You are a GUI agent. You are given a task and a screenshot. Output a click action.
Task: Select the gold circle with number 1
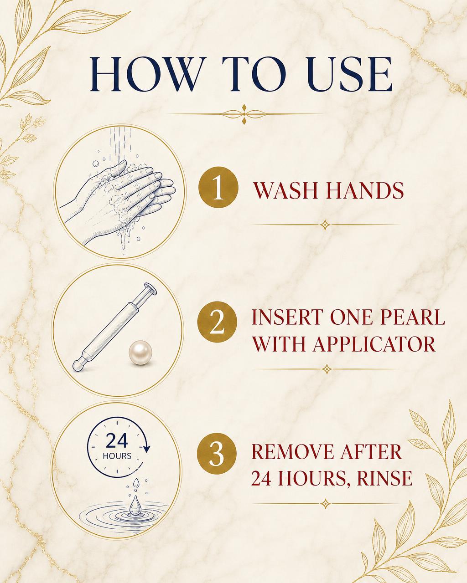click(218, 187)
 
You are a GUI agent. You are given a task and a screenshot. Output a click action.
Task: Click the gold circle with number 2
click(217, 322)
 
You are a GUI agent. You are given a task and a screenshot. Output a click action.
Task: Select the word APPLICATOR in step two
click(374, 343)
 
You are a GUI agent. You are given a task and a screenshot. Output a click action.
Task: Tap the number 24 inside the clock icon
click(117, 441)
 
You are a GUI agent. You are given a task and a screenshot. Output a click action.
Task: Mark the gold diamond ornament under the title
click(244, 114)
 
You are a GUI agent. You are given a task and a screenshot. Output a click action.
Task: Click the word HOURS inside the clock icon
click(117, 456)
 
